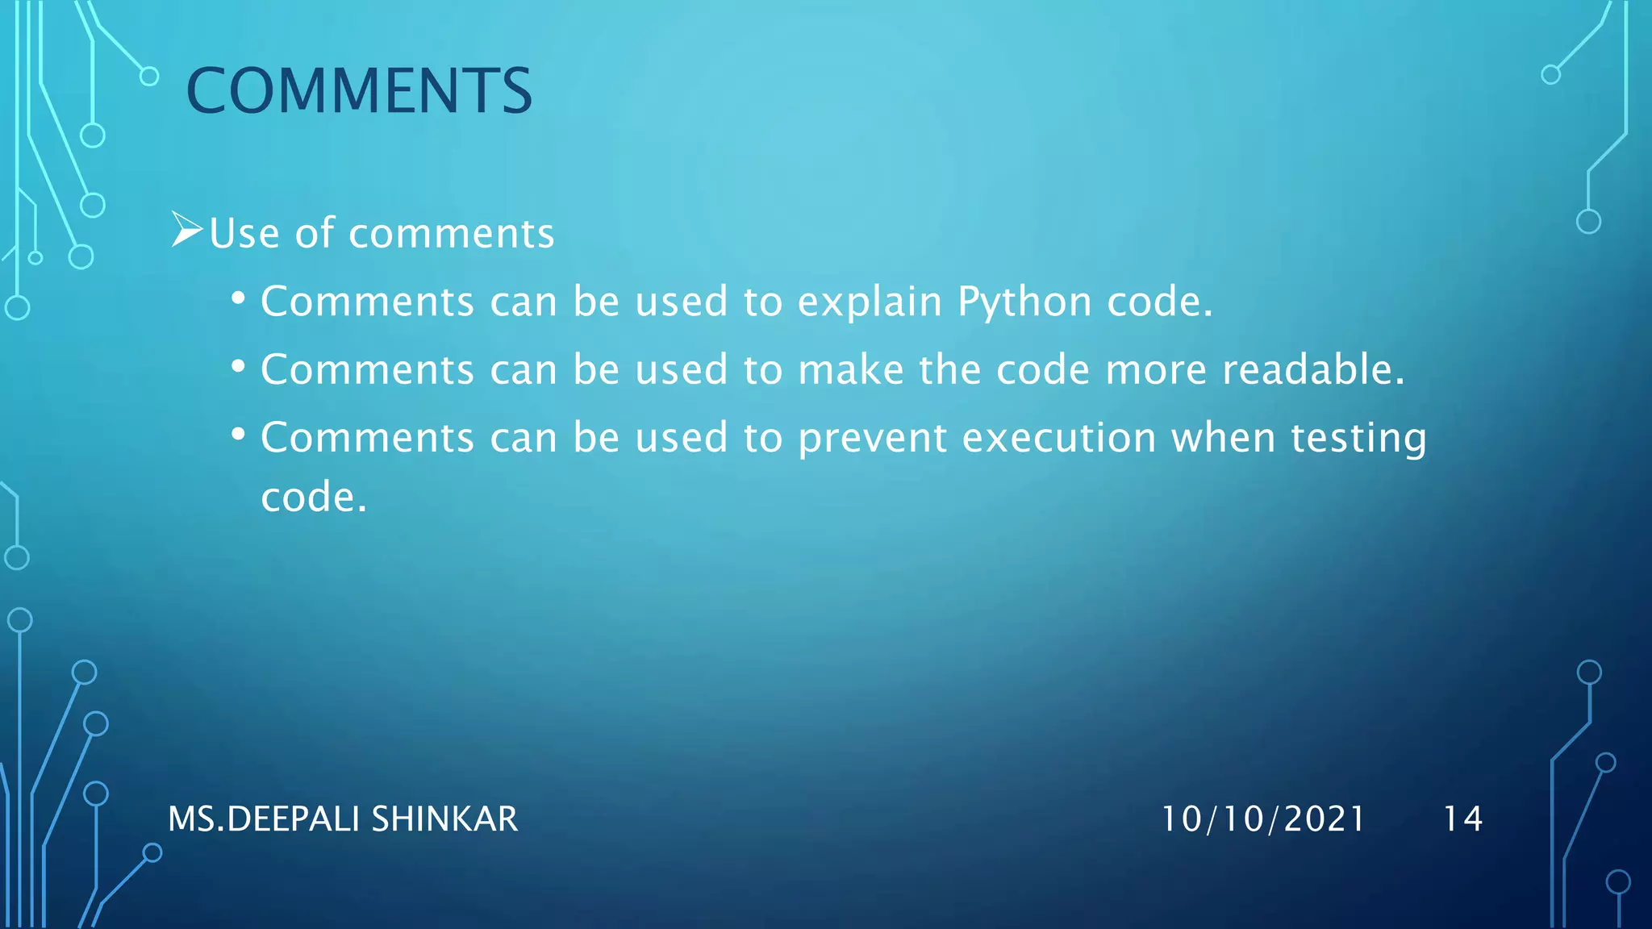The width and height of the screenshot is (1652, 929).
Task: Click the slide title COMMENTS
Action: tap(359, 90)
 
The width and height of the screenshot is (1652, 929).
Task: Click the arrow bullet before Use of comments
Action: tap(186, 231)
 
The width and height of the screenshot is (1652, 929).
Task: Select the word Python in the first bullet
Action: tap(1024, 303)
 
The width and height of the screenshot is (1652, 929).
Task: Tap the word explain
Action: tap(870, 303)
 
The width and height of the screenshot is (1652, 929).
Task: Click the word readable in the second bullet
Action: tap(1313, 370)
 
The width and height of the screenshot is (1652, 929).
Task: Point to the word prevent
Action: tap(872, 440)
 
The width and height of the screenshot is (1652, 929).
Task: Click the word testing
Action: tap(1358, 440)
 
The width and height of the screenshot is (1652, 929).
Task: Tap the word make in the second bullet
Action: tap(850, 370)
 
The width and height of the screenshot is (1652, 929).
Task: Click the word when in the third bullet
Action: tap(1223, 438)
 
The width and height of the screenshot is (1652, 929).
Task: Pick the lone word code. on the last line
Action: tap(314, 498)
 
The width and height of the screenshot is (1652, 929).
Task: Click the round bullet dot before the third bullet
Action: tap(238, 435)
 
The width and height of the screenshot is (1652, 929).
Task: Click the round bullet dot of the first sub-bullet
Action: tap(238, 299)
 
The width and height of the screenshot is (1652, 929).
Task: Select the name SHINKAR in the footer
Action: tap(444, 819)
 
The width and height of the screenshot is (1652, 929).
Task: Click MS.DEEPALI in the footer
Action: tap(264, 819)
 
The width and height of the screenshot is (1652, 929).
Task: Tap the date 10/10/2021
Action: tap(1262, 819)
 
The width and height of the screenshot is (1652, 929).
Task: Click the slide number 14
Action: tap(1462, 819)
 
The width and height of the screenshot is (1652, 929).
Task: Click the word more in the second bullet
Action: tap(1155, 370)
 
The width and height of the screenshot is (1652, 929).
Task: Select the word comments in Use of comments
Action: tap(451, 235)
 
